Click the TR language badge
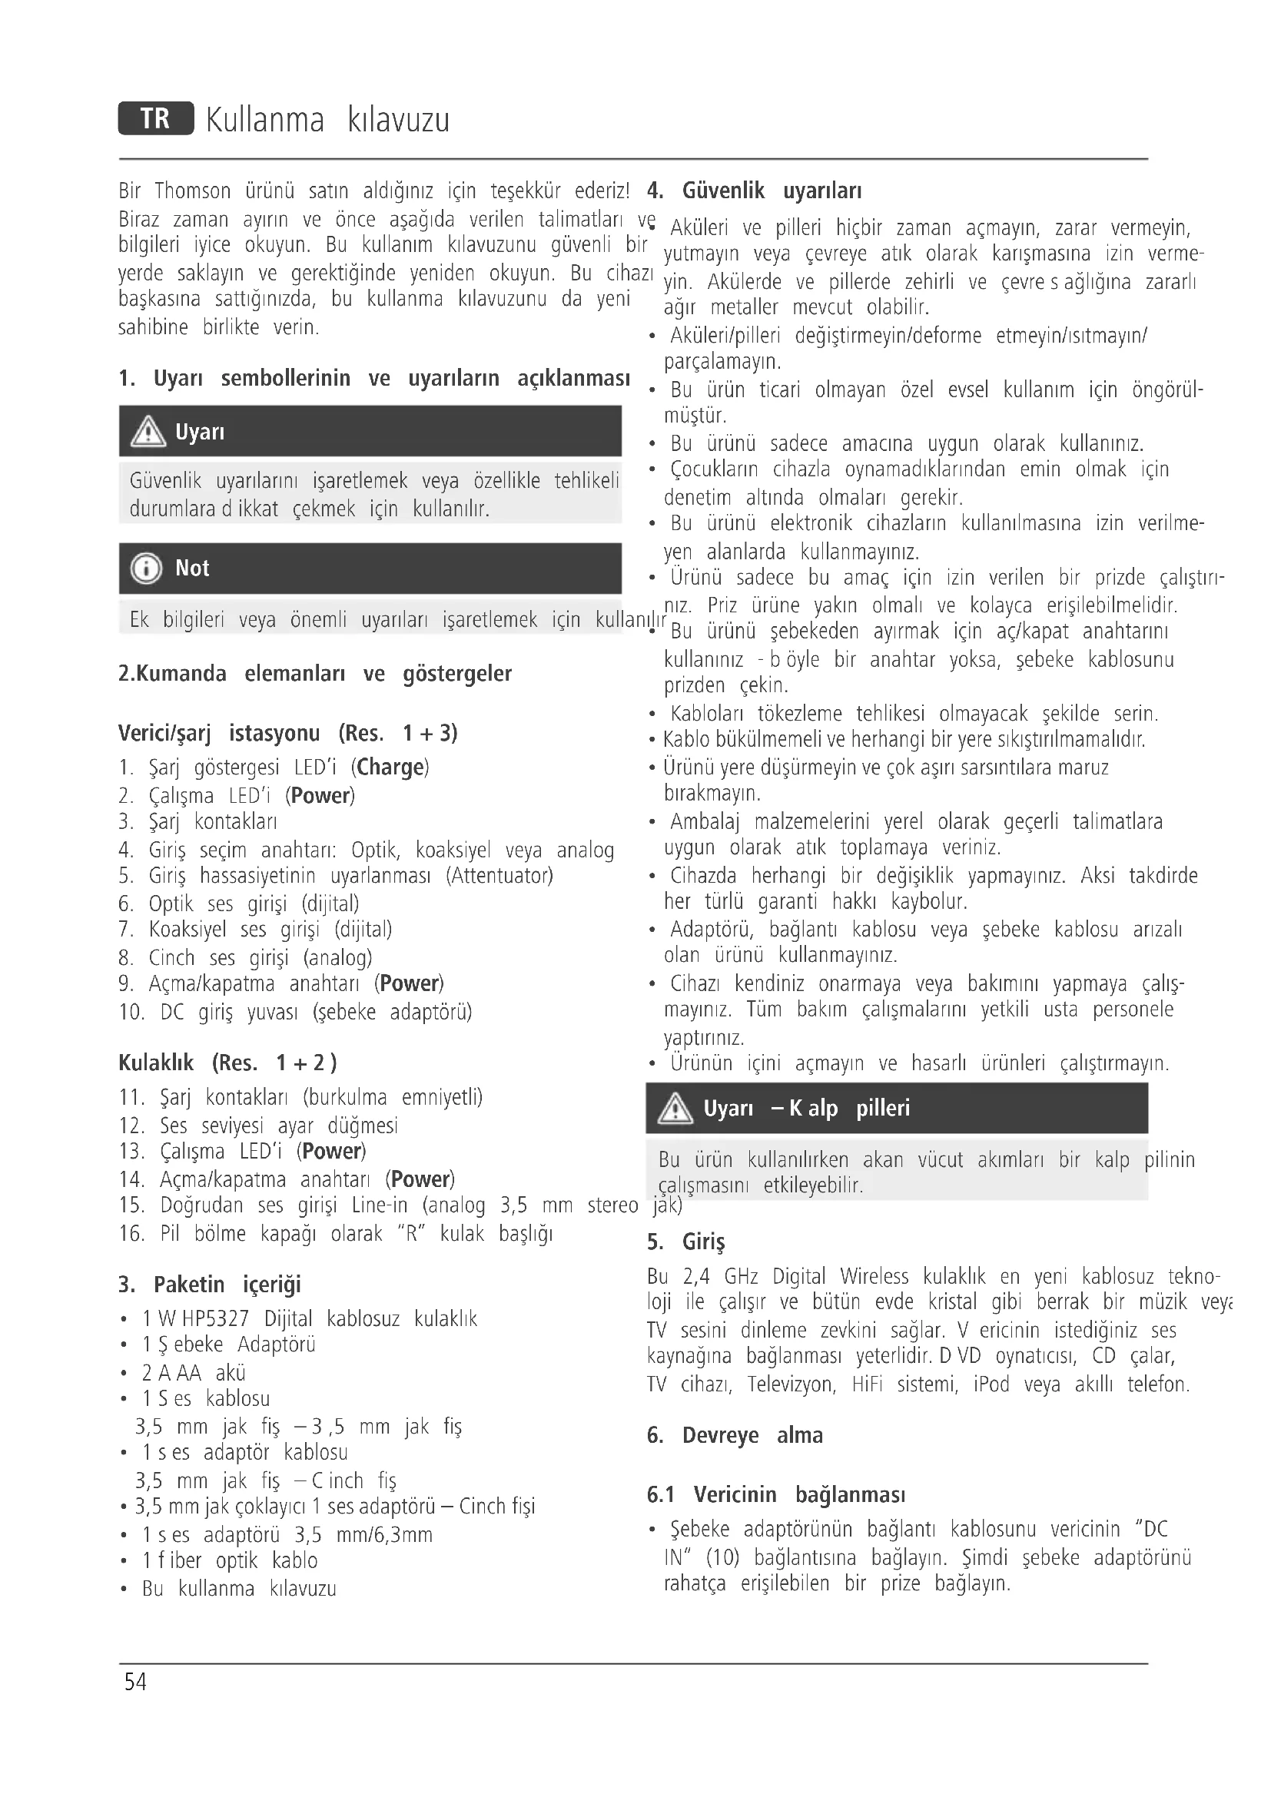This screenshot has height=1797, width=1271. click(x=156, y=119)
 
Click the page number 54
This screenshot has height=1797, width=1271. click(x=135, y=1682)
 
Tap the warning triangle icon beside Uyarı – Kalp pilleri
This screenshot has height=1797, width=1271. click(x=675, y=1109)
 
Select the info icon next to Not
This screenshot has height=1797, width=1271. click(x=146, y=569)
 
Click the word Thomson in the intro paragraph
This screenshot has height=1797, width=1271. click(x=193, y=191)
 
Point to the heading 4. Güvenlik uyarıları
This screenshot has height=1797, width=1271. click(x=755, y=191)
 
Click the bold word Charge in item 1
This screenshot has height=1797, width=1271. click(x=390, y=767)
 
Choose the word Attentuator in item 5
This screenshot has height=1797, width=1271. click(x=499, y=875)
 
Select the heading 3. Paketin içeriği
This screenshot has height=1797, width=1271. click(x=209, y=1285)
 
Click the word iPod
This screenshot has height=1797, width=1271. click(x=991, y=1384)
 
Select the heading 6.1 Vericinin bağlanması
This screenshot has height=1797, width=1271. click(x=775, y=1494)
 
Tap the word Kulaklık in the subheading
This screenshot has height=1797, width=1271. click(x=156, y=1063)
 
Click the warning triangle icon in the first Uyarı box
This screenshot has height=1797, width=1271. click(x=148, y=432)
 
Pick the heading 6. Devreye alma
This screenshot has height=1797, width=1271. click(x=734, y=1435)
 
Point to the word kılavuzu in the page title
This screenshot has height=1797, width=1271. click(x=398, y=121)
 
